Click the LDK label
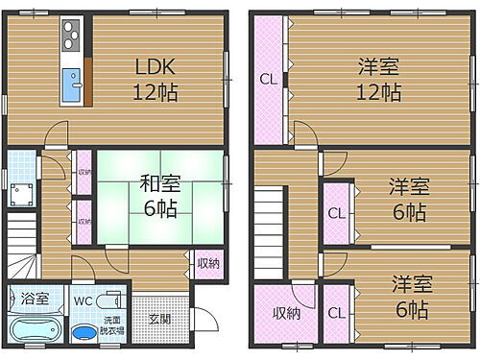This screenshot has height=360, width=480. [154, 69]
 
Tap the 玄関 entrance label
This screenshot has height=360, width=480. [158, 319]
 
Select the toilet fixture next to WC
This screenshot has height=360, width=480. [108, 298]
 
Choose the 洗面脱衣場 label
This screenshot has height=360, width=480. [111, 323]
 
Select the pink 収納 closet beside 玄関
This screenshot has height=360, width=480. [208, 261]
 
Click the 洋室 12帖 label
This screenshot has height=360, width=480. [379, 80]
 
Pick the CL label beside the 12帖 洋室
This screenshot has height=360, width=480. [268, 80]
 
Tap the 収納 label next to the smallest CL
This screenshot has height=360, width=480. [285, 312]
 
